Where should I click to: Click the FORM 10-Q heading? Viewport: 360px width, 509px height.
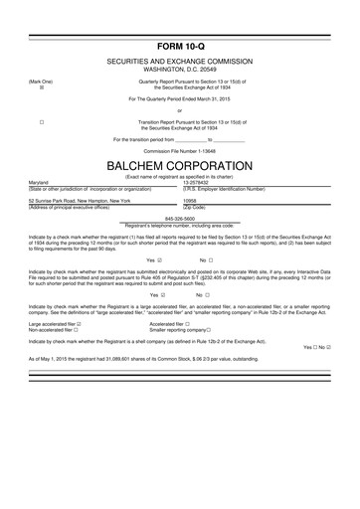click(179, 47)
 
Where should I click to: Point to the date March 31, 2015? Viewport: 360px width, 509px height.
click(213, 100)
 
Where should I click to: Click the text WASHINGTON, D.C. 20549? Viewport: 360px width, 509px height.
click(179, 70)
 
